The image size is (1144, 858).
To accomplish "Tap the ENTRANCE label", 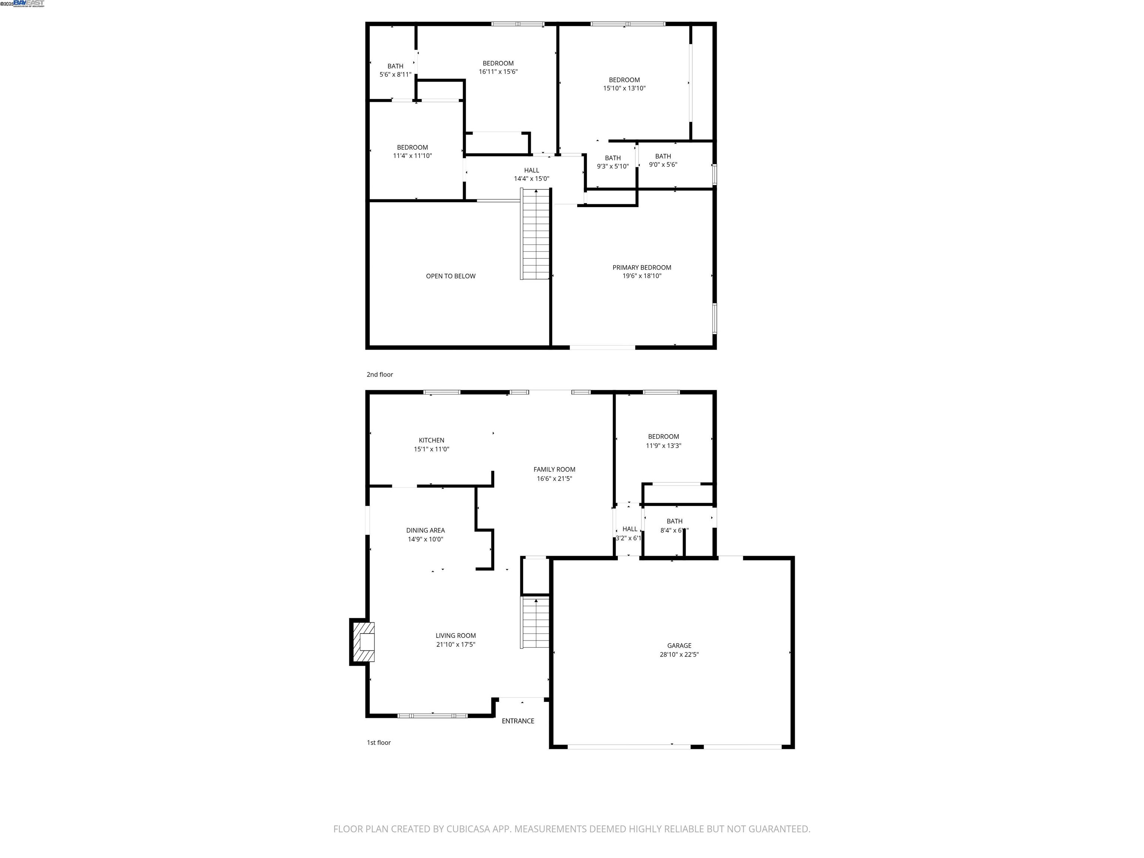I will point(518,721).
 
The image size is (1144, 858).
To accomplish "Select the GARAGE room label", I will point(679,645).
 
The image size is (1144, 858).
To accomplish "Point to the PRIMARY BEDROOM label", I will point(641,267).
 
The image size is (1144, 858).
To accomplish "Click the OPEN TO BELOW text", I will point(451,276).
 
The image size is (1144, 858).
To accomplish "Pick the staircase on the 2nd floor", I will point(535,234).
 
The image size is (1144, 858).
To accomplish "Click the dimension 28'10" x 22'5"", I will point(679,654).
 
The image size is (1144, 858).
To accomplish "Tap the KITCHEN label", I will point(431,440).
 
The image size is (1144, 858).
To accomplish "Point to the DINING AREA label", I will point(425,530).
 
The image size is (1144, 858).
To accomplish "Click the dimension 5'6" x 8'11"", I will point(395,74).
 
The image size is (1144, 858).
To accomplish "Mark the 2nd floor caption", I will point(379,374).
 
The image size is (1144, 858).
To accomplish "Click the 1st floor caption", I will point(379,743).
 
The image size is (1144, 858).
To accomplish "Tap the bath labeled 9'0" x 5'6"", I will point(662,165).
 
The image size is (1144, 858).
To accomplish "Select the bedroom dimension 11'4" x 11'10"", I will point(412,156).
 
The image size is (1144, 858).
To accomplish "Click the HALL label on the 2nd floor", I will point(531,170).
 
